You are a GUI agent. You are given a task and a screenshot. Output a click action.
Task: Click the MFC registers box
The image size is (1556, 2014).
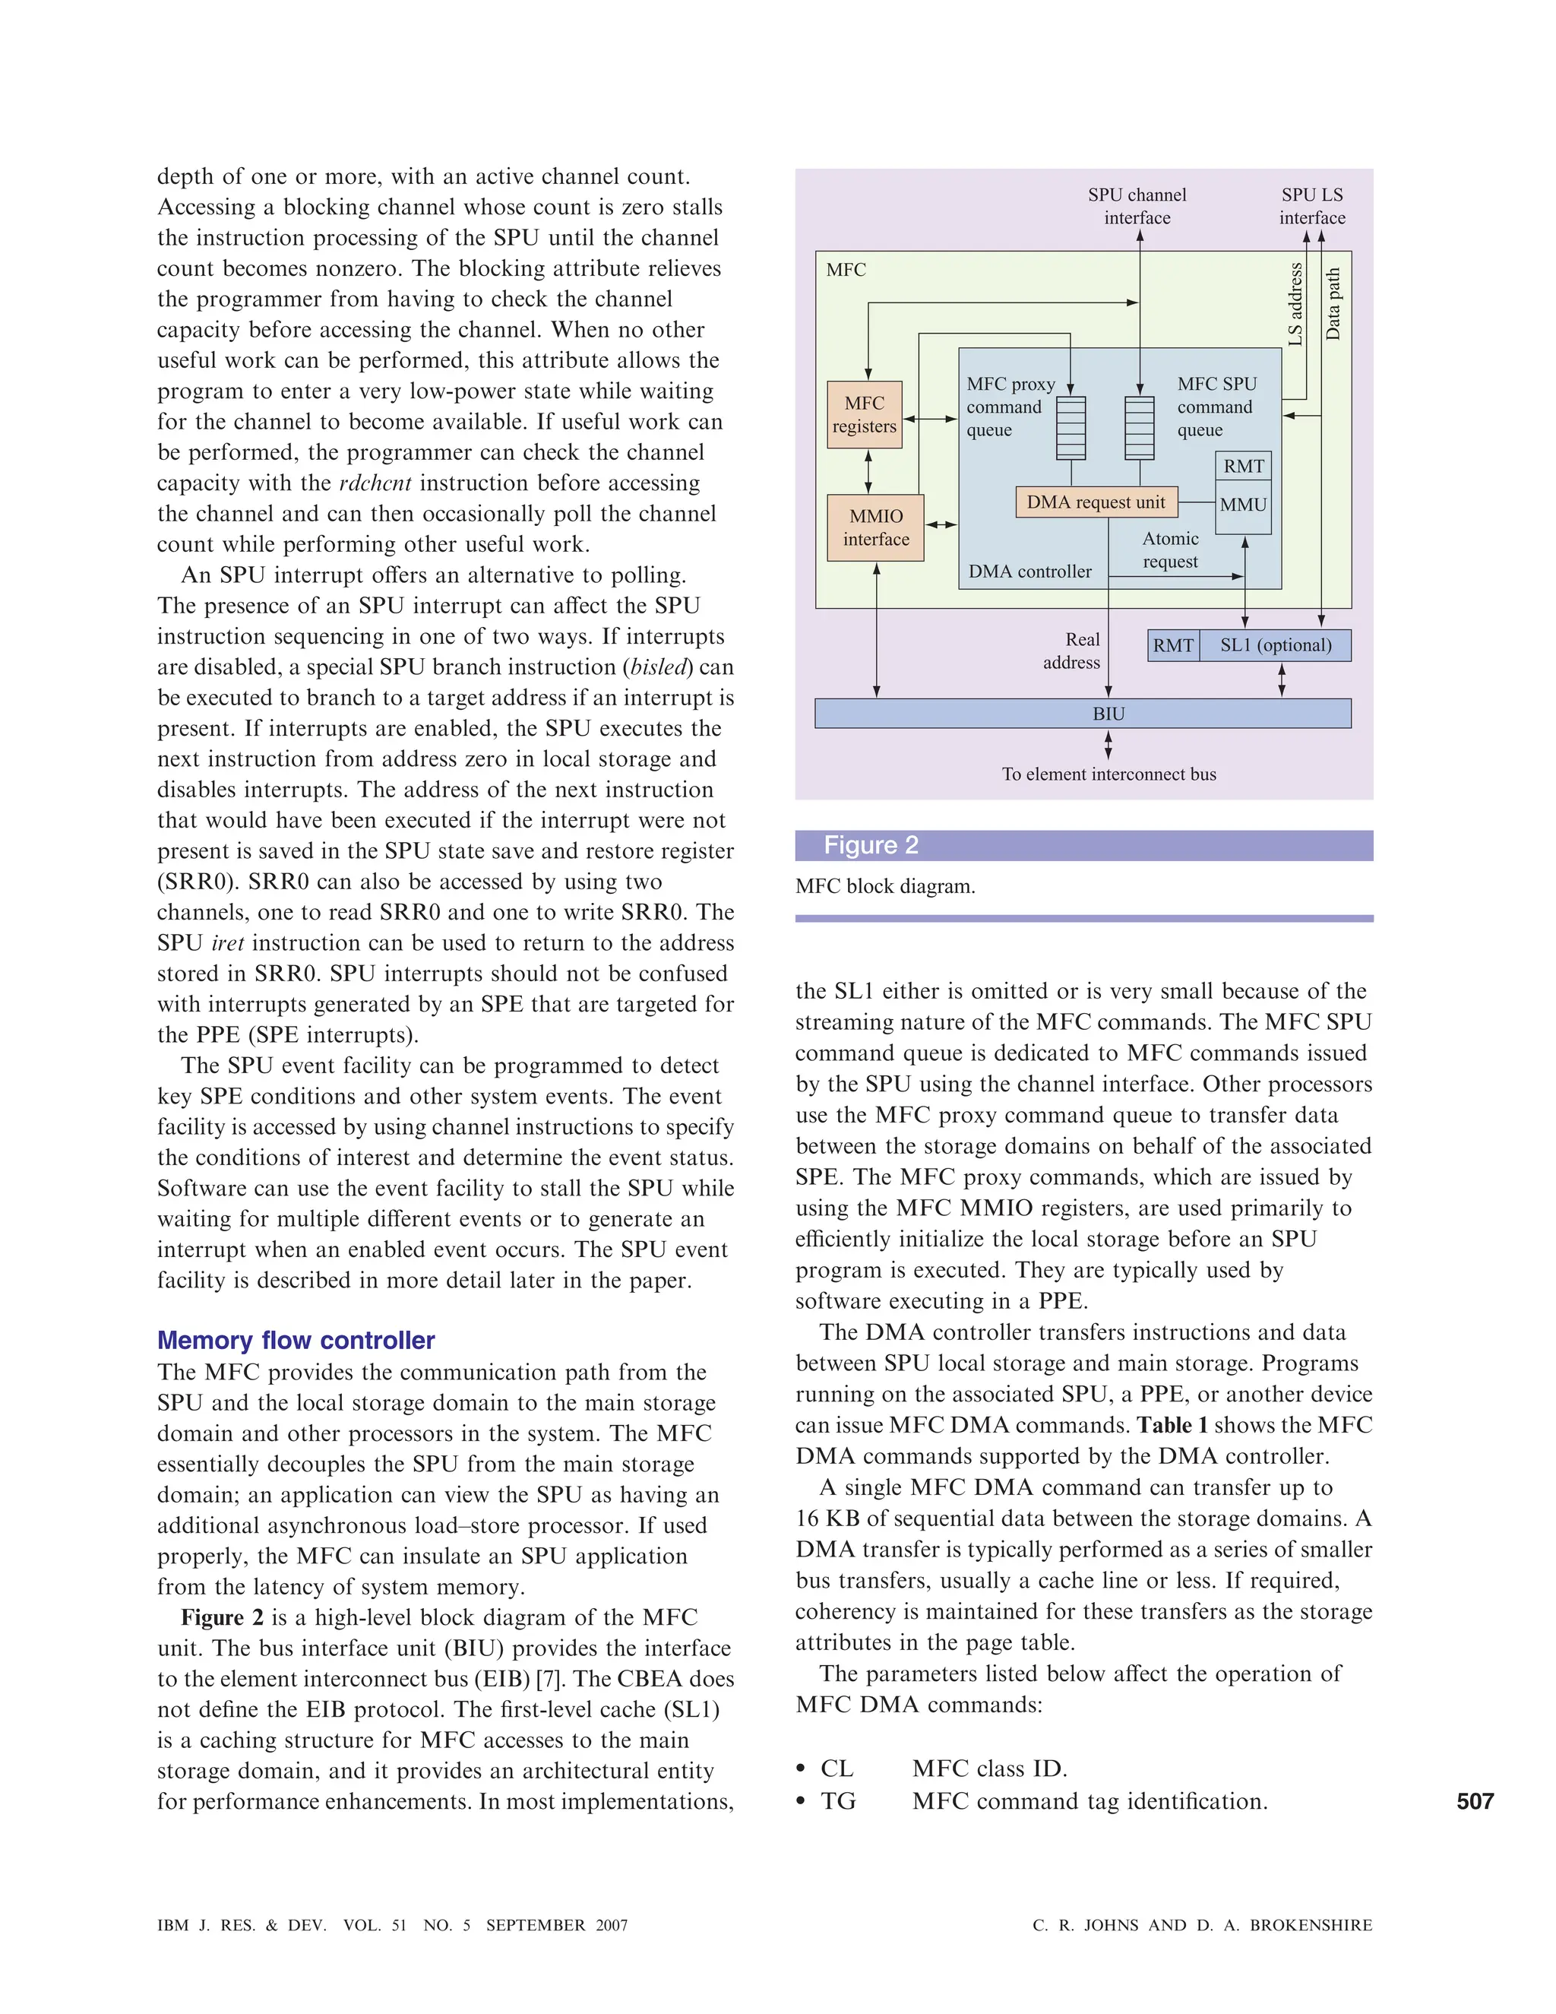point(864,415)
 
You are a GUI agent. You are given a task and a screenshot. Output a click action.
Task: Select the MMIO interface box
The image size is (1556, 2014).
point(876,527)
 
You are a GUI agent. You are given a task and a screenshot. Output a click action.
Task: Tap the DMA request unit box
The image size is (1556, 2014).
point(1096,502)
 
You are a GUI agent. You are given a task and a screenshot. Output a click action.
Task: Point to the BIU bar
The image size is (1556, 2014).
point(1083,714)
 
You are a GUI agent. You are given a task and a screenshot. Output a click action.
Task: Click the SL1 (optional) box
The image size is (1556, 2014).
point(1275,645)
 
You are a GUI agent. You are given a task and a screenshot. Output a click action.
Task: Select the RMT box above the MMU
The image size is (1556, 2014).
point(1242,467)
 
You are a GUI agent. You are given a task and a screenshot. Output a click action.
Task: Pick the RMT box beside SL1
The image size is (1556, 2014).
point(1172,645)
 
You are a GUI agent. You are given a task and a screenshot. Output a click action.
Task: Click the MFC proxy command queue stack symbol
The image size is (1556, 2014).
point(1071,428)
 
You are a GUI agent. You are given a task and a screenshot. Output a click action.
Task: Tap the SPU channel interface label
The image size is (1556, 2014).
point(1137,207)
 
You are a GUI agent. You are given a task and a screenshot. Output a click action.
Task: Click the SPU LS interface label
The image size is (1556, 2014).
point(1311,207)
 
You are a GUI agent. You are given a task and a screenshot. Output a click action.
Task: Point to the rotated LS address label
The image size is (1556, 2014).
point(1295,304)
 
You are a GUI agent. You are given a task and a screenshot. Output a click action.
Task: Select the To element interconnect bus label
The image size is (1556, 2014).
point(1109,774)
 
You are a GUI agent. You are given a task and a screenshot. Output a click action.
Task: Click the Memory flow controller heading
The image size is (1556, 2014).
point(296,1340)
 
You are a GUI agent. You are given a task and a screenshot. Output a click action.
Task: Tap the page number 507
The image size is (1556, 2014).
point(1475,1801)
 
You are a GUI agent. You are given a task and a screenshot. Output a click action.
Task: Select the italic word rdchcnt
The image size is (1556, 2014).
point(375,483)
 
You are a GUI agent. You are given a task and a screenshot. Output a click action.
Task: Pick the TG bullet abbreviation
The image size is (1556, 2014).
point(838,1801)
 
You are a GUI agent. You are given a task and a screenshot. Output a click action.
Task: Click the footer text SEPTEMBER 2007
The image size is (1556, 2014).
point(557,1926)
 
